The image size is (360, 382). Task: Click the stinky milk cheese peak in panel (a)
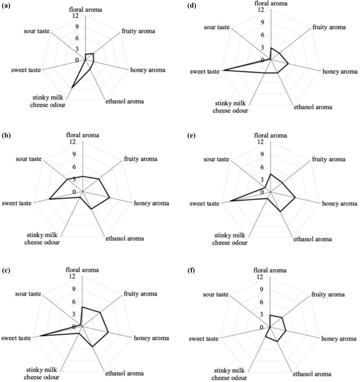71,87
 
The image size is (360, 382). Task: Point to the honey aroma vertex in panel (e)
295,198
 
